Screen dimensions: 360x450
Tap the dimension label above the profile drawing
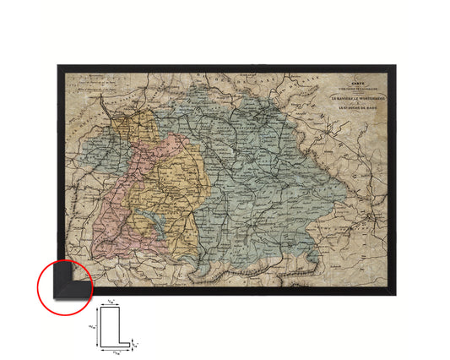pyautogui.click(x=112, y=303)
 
